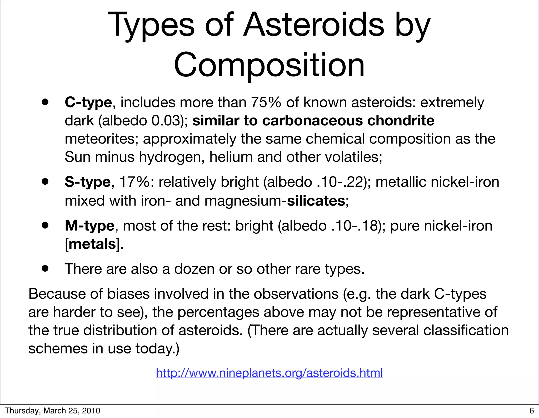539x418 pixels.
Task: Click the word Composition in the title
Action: point(269,65)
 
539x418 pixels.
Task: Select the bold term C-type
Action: point(88,102)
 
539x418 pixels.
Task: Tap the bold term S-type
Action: point(88,182)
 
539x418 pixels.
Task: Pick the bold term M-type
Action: point(89,226)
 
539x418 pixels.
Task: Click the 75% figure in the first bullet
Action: point(266,102)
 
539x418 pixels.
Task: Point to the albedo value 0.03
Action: point(167,121)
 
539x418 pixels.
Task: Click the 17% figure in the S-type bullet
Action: point(134,182)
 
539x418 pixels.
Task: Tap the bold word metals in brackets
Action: point(92,244)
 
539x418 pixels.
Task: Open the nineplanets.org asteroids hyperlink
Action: point(269,373)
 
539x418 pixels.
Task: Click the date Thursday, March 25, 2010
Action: point(53,411)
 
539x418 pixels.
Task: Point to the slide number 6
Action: point(532,411)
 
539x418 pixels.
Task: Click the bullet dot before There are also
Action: point(45,268)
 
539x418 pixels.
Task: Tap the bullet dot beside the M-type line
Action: point(45,225)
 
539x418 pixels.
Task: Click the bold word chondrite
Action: point(401,121)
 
